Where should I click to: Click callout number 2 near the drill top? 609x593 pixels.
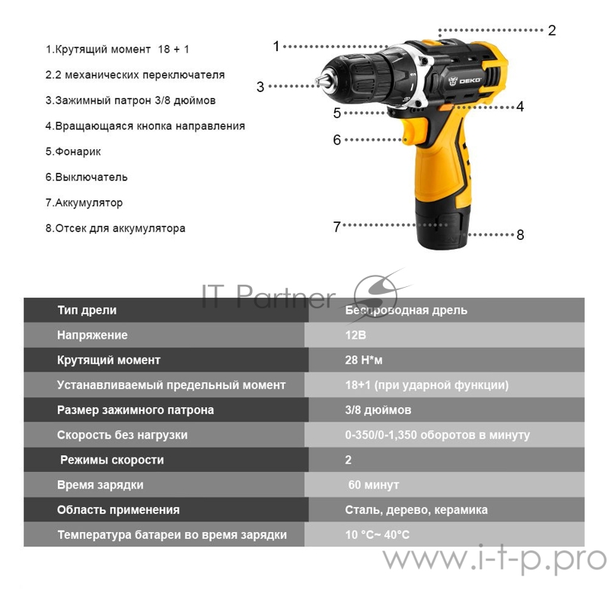coord(552,30)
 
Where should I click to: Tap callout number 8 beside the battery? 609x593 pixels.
coord(520,234)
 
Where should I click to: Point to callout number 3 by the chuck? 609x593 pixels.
coord(260,87)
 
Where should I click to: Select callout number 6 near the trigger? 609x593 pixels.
coord(336,140)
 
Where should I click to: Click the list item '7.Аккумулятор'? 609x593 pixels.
coord(84,203)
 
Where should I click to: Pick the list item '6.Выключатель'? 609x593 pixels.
coord(86,177)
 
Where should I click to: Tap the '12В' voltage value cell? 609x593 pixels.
coord(355,335)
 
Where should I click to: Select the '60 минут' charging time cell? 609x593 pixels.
coord(373,485)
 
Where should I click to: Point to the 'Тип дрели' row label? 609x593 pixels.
coord(87,310)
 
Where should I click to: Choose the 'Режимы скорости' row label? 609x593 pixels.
coord(111,460)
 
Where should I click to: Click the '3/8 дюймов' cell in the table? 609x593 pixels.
coord(378,410)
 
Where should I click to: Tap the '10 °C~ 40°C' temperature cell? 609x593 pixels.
coord(377,534)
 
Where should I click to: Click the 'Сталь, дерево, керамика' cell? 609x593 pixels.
coord(416,510)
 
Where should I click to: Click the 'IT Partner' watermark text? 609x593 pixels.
coord(267,296)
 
